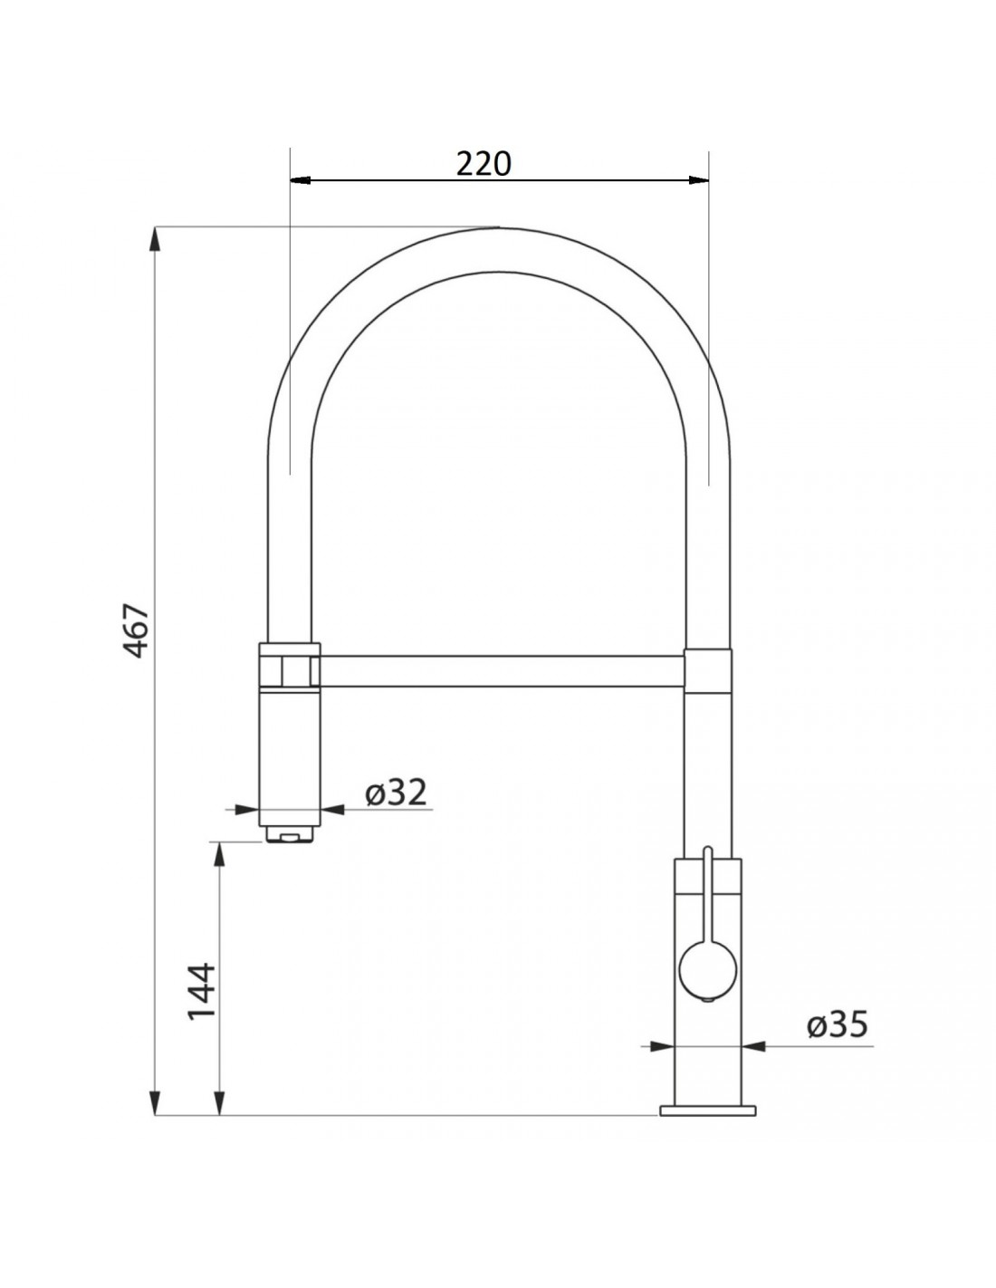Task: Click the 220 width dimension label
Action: point(483,164)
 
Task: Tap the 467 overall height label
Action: point(136,630)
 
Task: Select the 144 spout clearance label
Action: point(201,990)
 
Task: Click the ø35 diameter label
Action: point(838,1024)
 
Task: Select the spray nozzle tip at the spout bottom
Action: point(290,835)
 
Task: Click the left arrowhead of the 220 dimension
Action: point(301,179)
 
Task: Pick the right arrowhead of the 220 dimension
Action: point(698,179)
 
